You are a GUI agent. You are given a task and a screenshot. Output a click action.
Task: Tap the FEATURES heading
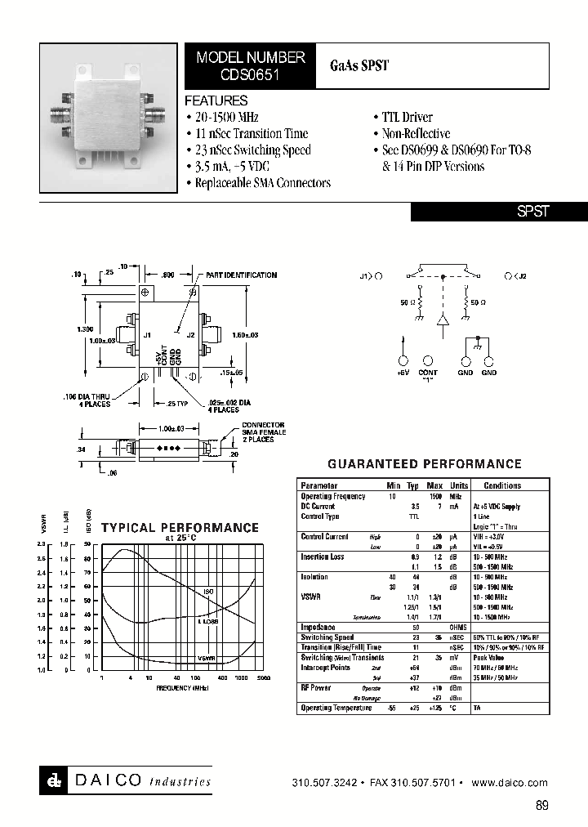coord(216,101)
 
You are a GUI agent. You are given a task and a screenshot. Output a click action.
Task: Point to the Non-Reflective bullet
coord(416,134)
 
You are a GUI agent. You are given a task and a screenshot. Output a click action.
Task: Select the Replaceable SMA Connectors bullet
coord(262,183)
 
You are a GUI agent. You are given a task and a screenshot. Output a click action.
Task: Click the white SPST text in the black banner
coord(533,211)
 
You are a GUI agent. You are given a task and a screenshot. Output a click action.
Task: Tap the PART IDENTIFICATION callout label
coord(241,275)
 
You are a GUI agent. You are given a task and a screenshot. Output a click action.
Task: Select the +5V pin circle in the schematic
coord(403,360)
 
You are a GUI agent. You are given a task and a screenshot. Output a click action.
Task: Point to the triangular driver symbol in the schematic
coord(443,321)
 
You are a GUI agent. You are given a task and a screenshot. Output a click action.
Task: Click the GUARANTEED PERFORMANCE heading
coord(425,464)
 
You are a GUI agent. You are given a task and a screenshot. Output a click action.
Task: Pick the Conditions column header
coord(502,485)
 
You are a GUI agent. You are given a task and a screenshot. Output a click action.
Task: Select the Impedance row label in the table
coord(318,627)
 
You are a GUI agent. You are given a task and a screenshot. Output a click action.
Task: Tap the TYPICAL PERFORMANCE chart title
coord(180,528)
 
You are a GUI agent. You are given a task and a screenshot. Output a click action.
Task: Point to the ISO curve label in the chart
coord(208,591)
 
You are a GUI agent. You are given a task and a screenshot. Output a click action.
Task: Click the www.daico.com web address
coord(510,783)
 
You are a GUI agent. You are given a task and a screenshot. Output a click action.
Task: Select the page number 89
coord(542,806)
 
